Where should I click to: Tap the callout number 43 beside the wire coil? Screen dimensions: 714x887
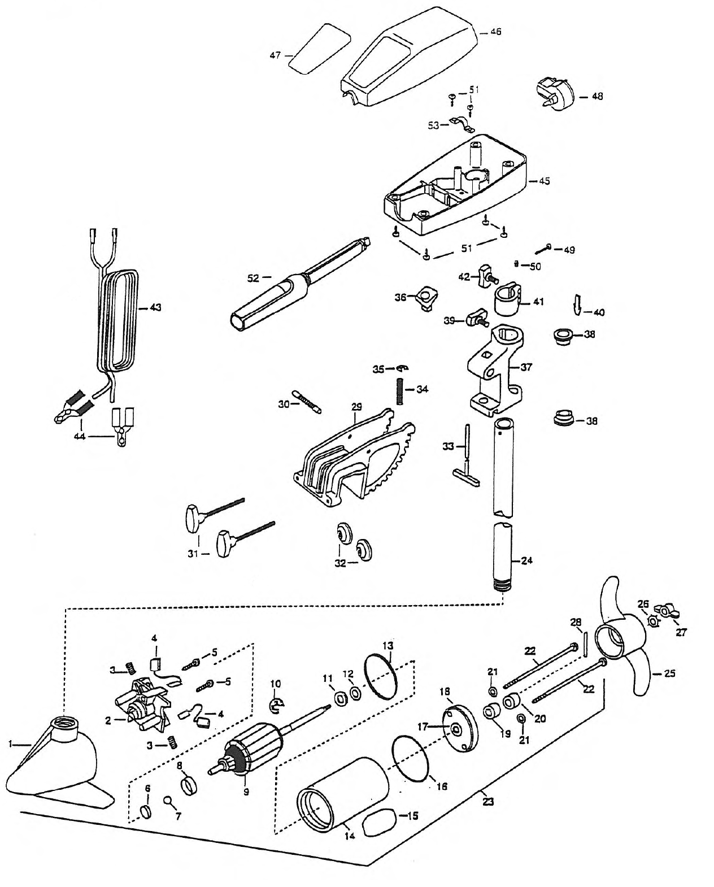[155, 307]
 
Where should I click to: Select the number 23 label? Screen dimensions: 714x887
[488, 802]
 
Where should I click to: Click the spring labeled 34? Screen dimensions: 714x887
[399, 392]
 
